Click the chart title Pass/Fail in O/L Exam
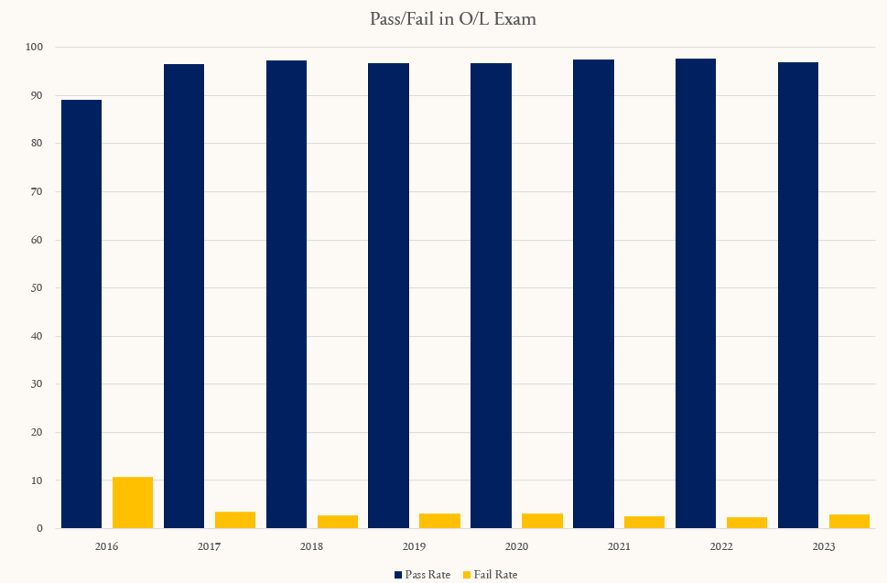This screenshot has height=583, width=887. click(x=452, y=19)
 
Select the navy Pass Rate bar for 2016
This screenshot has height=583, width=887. click(x=81, y=314)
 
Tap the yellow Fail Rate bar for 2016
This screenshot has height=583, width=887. click(x=133, y=502)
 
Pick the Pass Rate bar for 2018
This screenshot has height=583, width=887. click(x=287, y=294)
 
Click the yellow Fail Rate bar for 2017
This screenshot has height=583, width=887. click(x=235, y=520)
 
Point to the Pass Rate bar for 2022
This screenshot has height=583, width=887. click(x=696, y=294)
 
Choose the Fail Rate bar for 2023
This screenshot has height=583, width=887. click(x=849, y=522)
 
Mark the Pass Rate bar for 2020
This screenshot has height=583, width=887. click(x=491, y=296)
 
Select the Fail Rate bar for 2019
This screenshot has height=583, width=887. click(x=440, y=521)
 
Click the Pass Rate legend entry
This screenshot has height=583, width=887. click(x=423, y=575)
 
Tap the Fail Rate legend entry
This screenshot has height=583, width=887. click(x=490, y=575)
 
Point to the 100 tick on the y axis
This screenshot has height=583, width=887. click(x=34, y=47)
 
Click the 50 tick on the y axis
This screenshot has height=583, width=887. click(x=37, y=287)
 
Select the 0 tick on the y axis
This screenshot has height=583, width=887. click(x=39, y=528)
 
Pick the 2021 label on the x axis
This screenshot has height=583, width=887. click(x=619, y=546)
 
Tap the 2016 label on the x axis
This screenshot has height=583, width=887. click(x=107, y=546)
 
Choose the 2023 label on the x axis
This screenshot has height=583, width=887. click(x=824, y=546)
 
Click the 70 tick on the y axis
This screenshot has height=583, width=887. click(x=37, y=191)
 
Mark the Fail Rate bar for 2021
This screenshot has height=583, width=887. click(x=644, y=523)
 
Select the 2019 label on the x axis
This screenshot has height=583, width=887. click(x=414, y=546)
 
